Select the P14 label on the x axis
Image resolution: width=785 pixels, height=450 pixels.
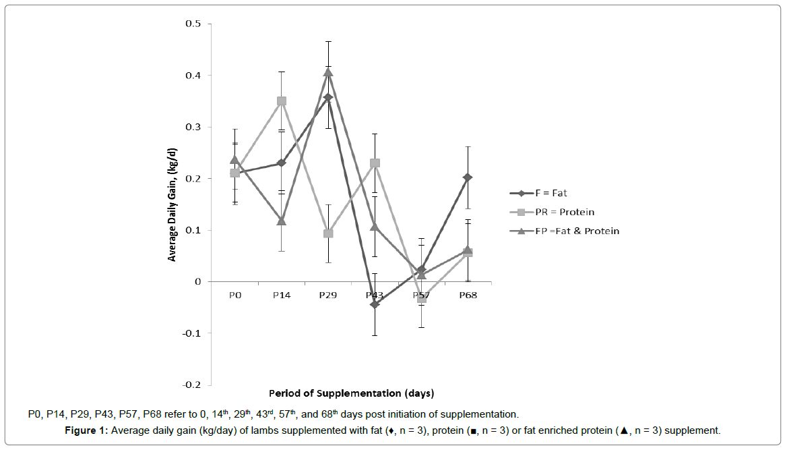(x=281, y=295)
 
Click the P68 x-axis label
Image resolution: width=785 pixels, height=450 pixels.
(x=468, y=295)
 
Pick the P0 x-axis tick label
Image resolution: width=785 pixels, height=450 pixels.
(x=234, y=295)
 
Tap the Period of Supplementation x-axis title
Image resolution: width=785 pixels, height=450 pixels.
(x=351, y=393)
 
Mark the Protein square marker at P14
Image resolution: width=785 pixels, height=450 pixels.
(x=282, y=101)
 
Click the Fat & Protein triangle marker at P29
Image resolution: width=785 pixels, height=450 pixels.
(x=328, y=72)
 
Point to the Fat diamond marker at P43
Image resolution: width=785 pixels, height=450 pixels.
(x=375, y=304)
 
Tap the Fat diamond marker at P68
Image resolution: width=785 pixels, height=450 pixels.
(x=468, y=177)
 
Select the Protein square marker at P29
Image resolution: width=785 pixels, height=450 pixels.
(x=328, y=233)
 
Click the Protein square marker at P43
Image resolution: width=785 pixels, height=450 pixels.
(x=375, y=163)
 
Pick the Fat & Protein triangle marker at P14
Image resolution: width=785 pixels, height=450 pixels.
(x=282, y=221)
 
